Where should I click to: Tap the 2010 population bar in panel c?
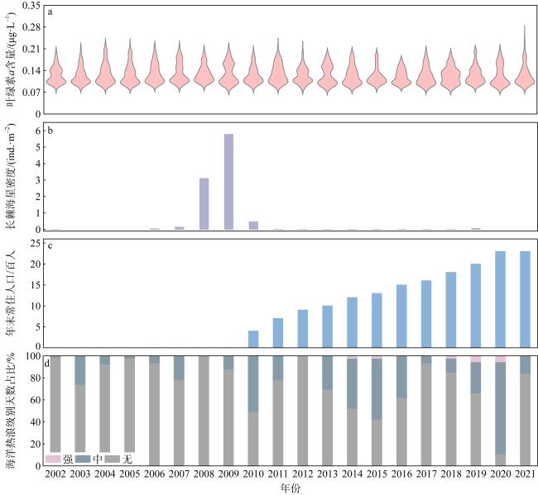[x=253, y=339]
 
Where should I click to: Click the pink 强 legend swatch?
[x=56, y=458]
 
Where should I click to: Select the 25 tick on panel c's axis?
[x=35, y=243]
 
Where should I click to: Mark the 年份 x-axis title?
[x=290, y=488]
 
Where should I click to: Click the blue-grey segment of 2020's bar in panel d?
[x=500, y=408]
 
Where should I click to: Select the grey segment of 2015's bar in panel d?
[x=377, y=442]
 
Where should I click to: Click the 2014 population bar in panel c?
[x=352, y=322]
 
